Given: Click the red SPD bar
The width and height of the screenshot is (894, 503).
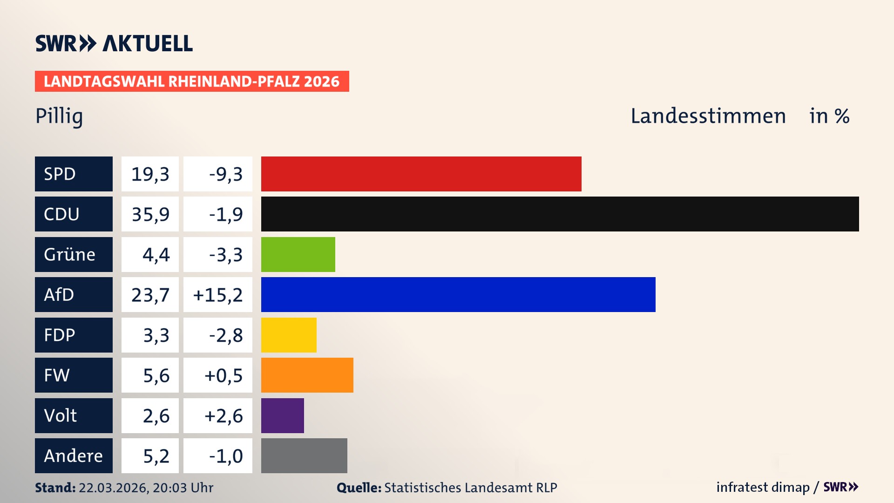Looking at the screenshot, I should coord(421,174).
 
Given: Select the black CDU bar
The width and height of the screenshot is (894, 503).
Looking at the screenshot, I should coord(560,214).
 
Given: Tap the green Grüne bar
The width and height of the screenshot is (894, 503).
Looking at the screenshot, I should coord(298,254).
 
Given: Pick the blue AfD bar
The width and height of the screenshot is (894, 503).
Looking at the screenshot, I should coord(458,294).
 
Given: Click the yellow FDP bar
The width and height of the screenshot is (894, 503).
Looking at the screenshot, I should coord(289,335).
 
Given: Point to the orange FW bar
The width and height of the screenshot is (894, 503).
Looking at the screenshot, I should coord(307,375).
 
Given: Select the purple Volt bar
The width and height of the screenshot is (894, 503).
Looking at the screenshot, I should coord(282,415).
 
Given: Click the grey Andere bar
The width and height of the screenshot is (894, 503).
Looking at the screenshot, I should coord(304,455).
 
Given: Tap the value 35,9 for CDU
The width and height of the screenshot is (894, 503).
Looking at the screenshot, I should coord(150,214).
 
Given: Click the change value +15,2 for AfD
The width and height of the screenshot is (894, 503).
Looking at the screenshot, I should coord(218,295).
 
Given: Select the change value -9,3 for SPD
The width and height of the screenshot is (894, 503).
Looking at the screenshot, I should coord(226,174).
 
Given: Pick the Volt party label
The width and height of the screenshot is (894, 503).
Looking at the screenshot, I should coord(61,415).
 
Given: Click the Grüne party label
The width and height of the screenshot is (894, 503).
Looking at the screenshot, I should coord(69,254).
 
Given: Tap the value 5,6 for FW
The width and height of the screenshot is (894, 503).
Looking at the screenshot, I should coord(156,375).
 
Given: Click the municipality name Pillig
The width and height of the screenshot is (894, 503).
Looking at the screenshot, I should coord(59,116).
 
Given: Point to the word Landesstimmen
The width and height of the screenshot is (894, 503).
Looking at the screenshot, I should coord(708,116).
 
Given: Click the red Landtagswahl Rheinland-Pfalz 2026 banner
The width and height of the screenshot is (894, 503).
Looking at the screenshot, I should coord(191,82).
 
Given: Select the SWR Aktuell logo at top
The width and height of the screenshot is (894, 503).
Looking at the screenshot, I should coord(114,43).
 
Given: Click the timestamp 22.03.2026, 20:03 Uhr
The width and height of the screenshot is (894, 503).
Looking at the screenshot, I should coord(145,488).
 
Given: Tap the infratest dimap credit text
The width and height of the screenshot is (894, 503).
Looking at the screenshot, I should coord(762,487).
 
